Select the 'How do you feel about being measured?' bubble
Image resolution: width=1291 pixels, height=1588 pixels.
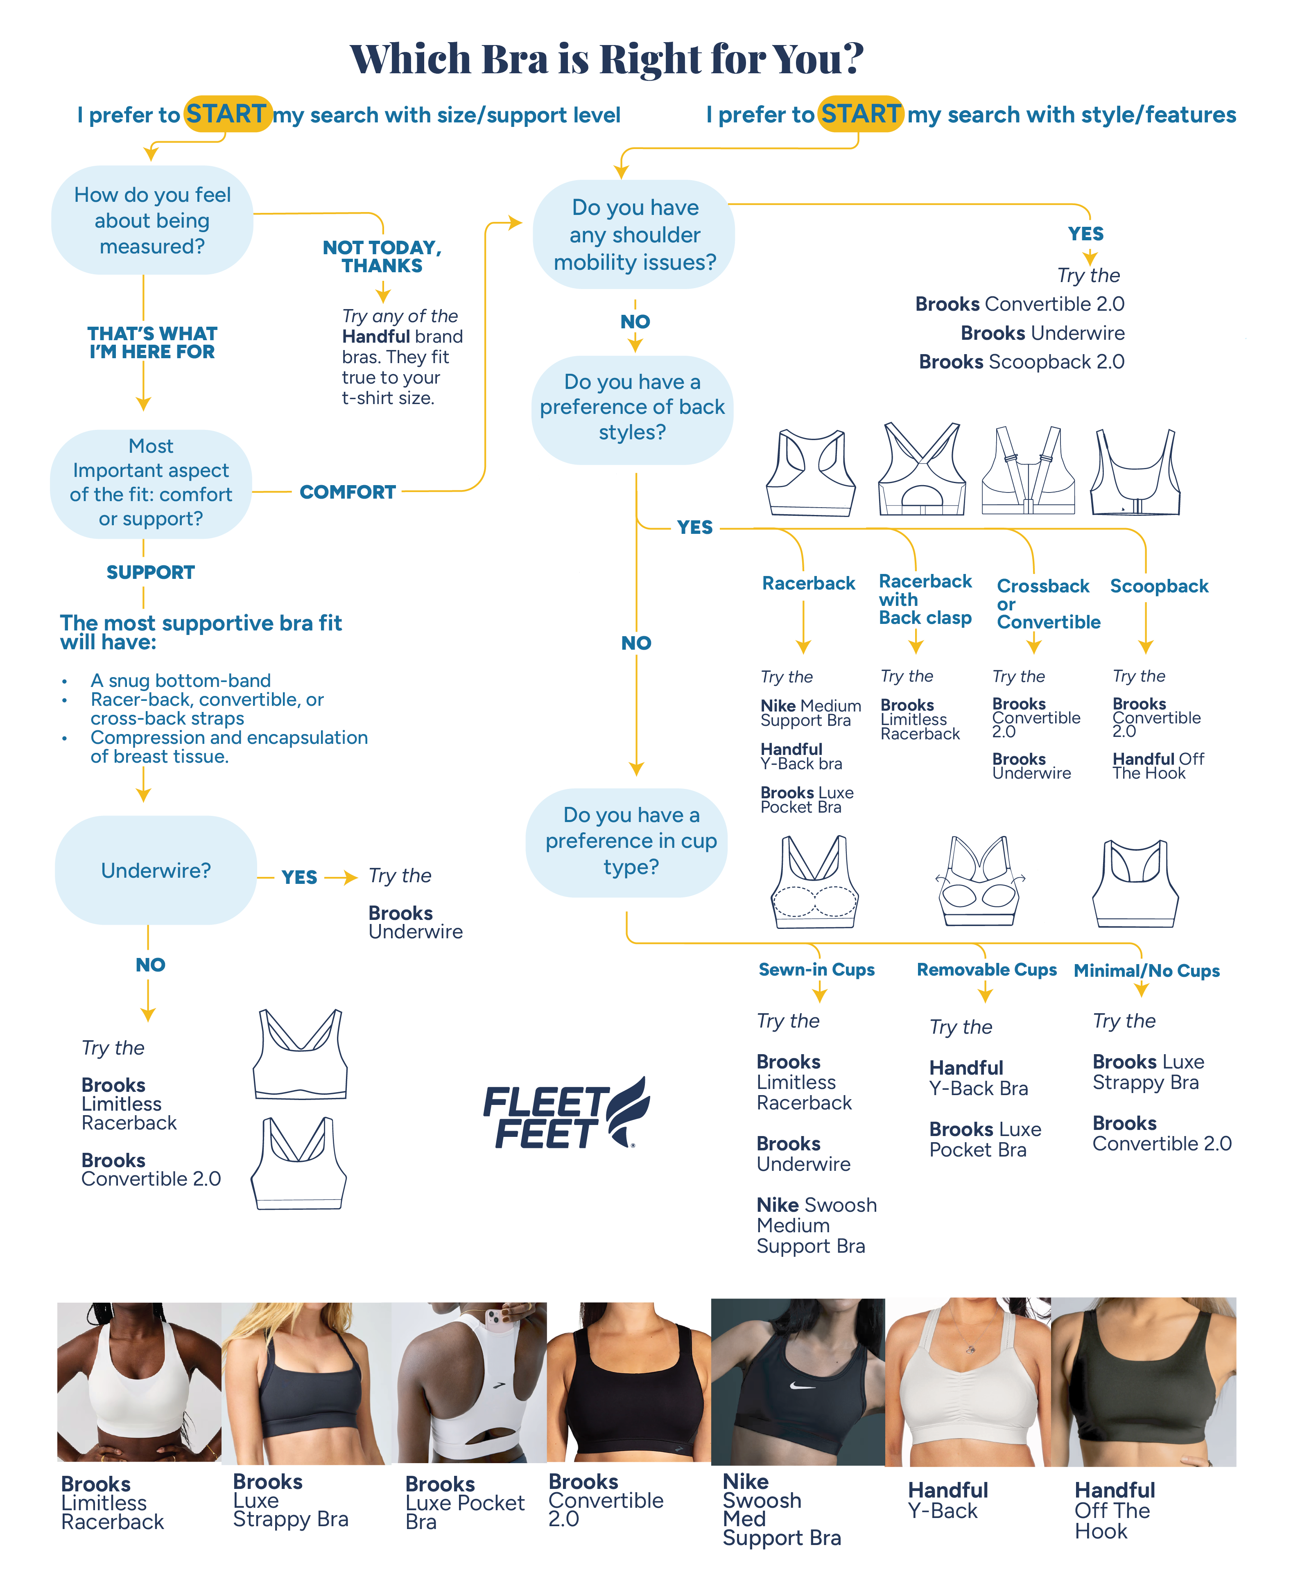click(152, 220)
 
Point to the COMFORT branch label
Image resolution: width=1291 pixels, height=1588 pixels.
click(347, 492)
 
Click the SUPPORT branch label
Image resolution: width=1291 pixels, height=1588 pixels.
click(150, 572)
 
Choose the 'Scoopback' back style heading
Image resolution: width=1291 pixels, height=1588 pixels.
click(1159, 587)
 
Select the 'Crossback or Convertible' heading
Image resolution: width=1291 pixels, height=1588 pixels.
click(1047, 604)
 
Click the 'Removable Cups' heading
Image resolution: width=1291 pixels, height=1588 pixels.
click(986, 970)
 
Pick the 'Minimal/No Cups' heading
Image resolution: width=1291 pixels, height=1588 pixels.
click(1146, 971)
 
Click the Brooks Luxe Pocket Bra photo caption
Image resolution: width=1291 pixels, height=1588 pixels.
click(465, 1502)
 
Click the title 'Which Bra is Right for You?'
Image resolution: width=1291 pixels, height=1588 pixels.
click(607, 59)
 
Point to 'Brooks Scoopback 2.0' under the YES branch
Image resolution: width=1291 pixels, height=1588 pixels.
click(1021, 362)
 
